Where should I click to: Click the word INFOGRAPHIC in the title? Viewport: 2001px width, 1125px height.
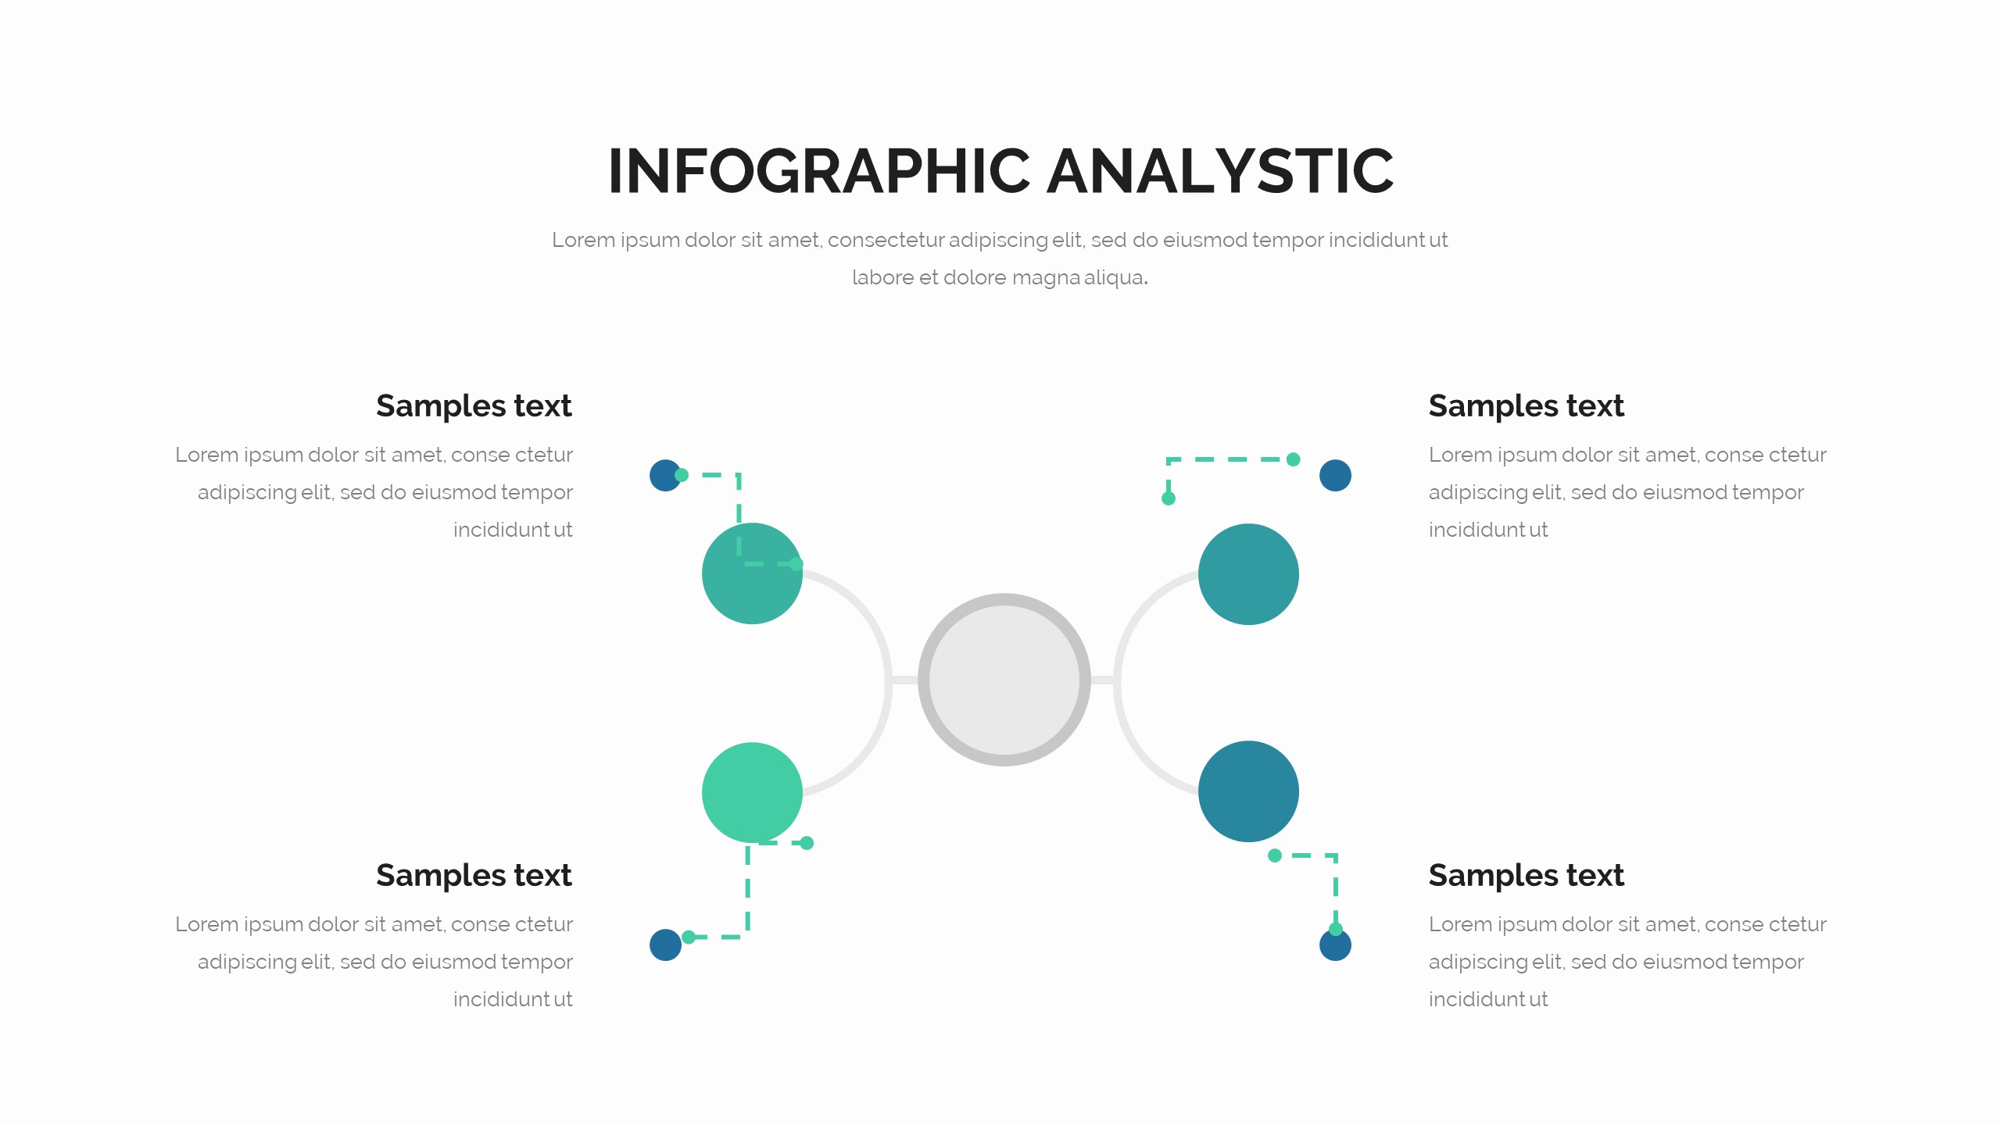point(819,171)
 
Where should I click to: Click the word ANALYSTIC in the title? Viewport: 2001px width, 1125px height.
point(1220,171)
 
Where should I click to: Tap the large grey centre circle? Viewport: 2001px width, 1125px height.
point(1004,680)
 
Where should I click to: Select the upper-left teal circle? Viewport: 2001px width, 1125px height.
point(752,573)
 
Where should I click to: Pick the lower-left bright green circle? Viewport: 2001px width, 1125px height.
point(752,792)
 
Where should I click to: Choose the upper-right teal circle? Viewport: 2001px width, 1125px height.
point(1248,574)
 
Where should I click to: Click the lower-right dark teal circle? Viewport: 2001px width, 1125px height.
point(1248,791)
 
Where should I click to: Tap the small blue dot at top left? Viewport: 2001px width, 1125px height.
point(665,475)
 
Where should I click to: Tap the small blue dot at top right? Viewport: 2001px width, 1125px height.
point(1335,476)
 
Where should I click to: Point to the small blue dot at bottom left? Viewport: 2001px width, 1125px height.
point(665,945)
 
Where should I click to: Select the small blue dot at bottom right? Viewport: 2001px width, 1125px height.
point(1335,945)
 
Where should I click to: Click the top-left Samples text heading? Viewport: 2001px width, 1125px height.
point(474,406)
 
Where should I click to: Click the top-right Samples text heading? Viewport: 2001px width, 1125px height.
point(1527,406)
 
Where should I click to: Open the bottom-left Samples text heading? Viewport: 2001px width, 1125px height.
point(474,876)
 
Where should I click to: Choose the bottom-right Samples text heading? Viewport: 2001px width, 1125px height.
point(1527,876)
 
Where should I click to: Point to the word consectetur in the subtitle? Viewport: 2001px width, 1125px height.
point(886,240)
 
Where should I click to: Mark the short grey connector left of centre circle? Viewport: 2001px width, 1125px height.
point(904,680)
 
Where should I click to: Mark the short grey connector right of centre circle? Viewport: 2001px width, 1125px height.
point(1102,680)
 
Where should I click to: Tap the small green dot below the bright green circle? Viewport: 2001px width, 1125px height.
point(807,843)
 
